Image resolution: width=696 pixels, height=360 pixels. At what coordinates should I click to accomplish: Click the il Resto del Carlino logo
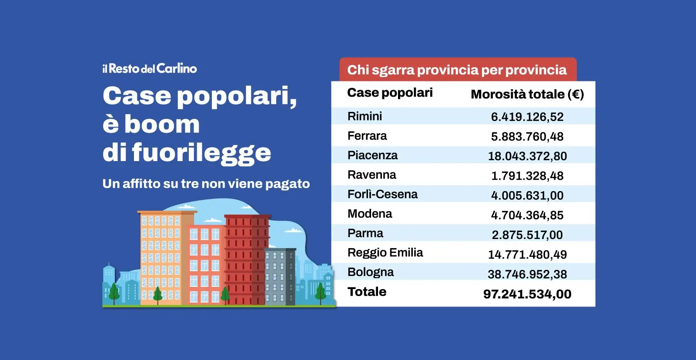(150, 69)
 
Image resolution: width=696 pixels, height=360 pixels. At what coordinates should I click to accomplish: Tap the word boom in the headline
(162, 124)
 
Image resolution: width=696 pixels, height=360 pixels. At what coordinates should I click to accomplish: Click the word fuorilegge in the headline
(201, 153)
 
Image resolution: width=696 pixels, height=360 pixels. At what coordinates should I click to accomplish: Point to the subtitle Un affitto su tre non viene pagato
(206, 184)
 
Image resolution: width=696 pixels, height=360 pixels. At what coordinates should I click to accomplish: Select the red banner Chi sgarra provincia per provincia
(457, 70)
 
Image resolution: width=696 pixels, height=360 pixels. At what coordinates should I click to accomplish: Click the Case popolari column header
(390, 93)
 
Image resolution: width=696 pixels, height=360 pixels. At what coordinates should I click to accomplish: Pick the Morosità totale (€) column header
(527, 94)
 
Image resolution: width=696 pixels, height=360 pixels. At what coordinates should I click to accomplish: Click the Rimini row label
(365, 116)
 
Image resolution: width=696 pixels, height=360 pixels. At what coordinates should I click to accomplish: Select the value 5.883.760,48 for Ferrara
(527, 137)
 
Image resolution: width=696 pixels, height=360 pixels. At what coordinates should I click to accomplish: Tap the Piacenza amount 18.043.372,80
(527, 156)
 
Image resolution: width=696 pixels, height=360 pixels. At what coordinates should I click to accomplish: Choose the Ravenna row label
(371, 175)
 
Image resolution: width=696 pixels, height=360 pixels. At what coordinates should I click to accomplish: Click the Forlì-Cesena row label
(382, 194)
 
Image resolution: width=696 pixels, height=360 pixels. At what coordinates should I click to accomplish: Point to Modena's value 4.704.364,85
(527, 215)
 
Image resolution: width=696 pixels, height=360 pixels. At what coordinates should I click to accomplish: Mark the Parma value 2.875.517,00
(527, 235)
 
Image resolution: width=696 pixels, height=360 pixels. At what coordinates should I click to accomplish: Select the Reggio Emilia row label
(385, 252)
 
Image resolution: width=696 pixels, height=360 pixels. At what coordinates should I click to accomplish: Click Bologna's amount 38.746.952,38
(527, 274)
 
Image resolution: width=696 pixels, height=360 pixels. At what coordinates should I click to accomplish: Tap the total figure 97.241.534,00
(527, 294)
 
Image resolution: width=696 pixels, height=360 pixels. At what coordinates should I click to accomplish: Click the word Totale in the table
(367, 292)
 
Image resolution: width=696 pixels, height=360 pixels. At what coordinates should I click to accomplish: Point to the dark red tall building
(246, 257)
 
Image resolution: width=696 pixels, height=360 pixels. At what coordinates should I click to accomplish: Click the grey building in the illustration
(280, 276)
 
